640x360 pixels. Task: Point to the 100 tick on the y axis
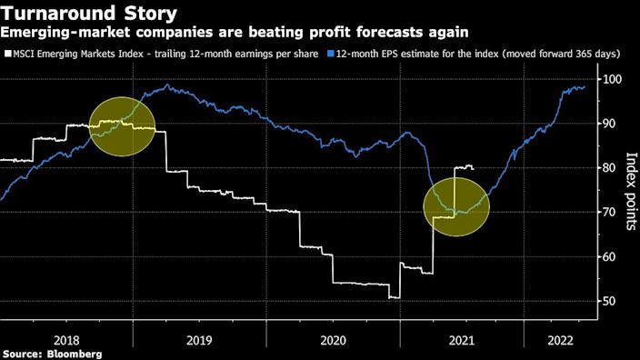coord(613,80)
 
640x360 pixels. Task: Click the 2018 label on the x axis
coord(66,335)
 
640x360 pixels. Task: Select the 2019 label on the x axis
coord(200,335)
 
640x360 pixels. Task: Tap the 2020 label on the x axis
coord(333,335)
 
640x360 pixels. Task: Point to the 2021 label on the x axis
coord(462,335)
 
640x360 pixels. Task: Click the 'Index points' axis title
coord(628,191)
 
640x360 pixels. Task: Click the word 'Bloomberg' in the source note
coord(74,353)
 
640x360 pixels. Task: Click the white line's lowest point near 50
coord(395,297)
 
